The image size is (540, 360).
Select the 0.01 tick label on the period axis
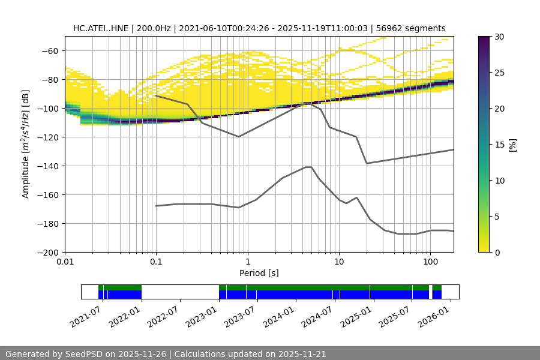[65, 262]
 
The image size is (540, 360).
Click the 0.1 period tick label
[156, 262]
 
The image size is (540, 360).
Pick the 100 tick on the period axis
[430, 262]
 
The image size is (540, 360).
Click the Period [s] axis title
[259, 274]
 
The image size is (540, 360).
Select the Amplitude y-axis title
[26, 144]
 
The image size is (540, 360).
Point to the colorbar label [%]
[512, 145]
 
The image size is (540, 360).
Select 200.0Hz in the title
[158, 28]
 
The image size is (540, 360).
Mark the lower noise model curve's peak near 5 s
[308, 167]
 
